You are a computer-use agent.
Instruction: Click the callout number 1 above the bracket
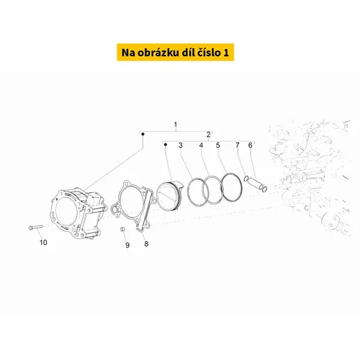176,125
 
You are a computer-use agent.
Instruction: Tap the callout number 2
209,135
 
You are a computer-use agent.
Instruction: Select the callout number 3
181,145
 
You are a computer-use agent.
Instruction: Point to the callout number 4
201,145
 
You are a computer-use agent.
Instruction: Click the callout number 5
218,145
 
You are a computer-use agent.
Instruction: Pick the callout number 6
251,145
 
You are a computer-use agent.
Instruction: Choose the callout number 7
238,145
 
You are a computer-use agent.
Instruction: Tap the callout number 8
146,244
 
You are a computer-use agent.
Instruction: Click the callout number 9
127,245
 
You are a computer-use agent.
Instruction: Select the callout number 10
43,243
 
